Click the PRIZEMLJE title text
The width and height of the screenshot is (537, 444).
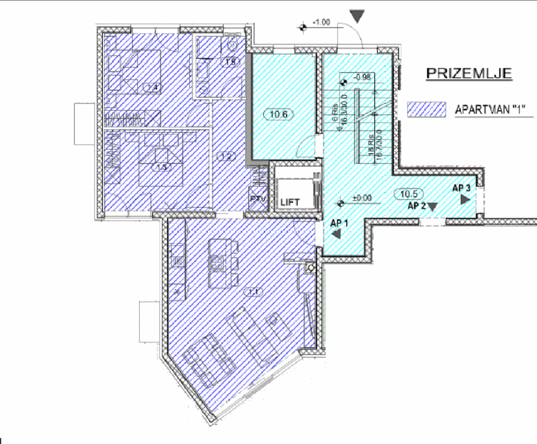tap(469, 74)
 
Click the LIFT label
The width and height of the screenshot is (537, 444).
tap(290, 201)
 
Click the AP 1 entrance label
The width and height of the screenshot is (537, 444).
tap(340, 223)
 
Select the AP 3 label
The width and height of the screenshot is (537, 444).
tap(461, 188)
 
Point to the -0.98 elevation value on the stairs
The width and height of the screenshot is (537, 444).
tap(364, 78)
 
